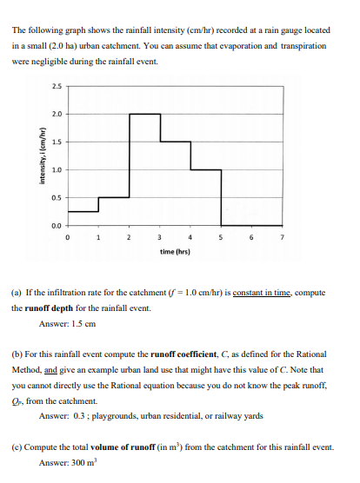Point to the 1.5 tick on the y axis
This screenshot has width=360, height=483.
(57, 142)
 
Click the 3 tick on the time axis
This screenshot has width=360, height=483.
(159, 235)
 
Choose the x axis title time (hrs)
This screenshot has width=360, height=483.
(174, 250)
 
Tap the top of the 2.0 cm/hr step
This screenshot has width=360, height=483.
(144, 114)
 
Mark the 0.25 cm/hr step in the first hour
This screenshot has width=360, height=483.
(83, 210)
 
